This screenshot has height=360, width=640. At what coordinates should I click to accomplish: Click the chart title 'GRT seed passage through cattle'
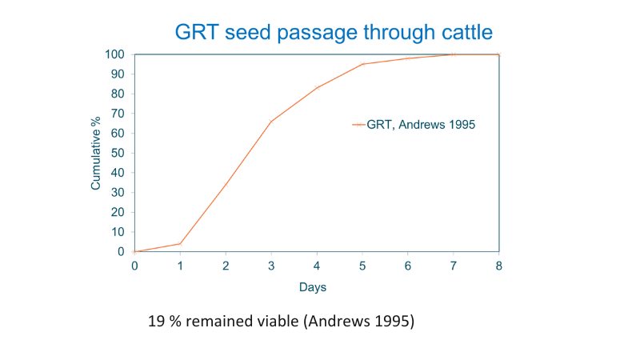[x=334, y=32]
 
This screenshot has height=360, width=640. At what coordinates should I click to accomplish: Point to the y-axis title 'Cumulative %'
[x=96, y=153]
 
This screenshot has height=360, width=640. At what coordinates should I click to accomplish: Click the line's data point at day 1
[x=180, y=243]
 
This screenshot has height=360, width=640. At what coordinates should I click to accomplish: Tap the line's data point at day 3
[x=271, y=122]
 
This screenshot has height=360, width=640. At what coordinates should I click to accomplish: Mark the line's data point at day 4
[x=317, y=88]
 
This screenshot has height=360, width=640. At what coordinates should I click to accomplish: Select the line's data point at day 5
[x=362, y=64]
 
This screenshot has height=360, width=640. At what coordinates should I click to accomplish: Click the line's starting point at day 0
[x=134, y=251]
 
